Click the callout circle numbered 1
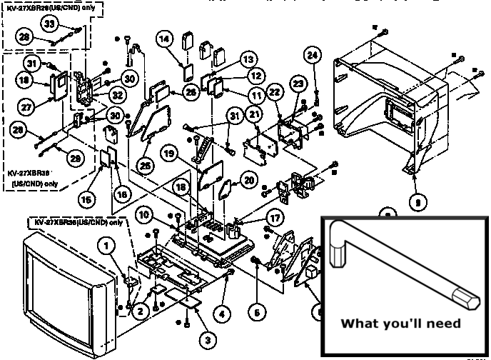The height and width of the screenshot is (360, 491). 108,248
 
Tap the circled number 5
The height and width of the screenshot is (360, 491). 256,311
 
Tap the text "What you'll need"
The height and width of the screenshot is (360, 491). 400,323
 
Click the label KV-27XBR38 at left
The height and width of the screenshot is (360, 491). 29,173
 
